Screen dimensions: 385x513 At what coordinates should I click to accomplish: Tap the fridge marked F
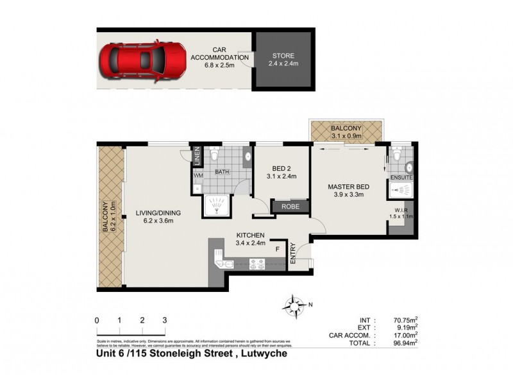pos(277,248)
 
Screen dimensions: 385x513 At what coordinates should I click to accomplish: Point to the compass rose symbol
pos(296,304)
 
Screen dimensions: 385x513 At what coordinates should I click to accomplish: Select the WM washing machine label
pos(198,175)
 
